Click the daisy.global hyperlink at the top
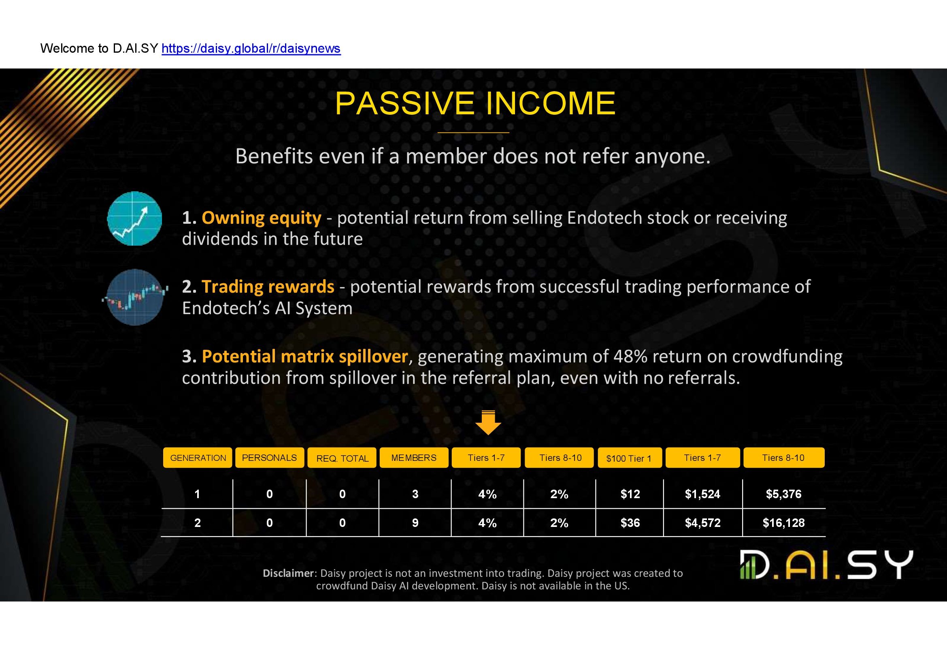251,49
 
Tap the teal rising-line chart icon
134,218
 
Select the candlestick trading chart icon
135,297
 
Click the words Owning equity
261,218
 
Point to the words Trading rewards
268,287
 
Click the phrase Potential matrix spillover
305,356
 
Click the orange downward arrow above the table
488,423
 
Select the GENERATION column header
198,458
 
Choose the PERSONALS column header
269,458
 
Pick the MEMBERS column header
414,458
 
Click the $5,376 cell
784,494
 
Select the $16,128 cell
784,523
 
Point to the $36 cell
630,523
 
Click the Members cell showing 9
415,523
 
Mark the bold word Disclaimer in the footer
289,573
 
